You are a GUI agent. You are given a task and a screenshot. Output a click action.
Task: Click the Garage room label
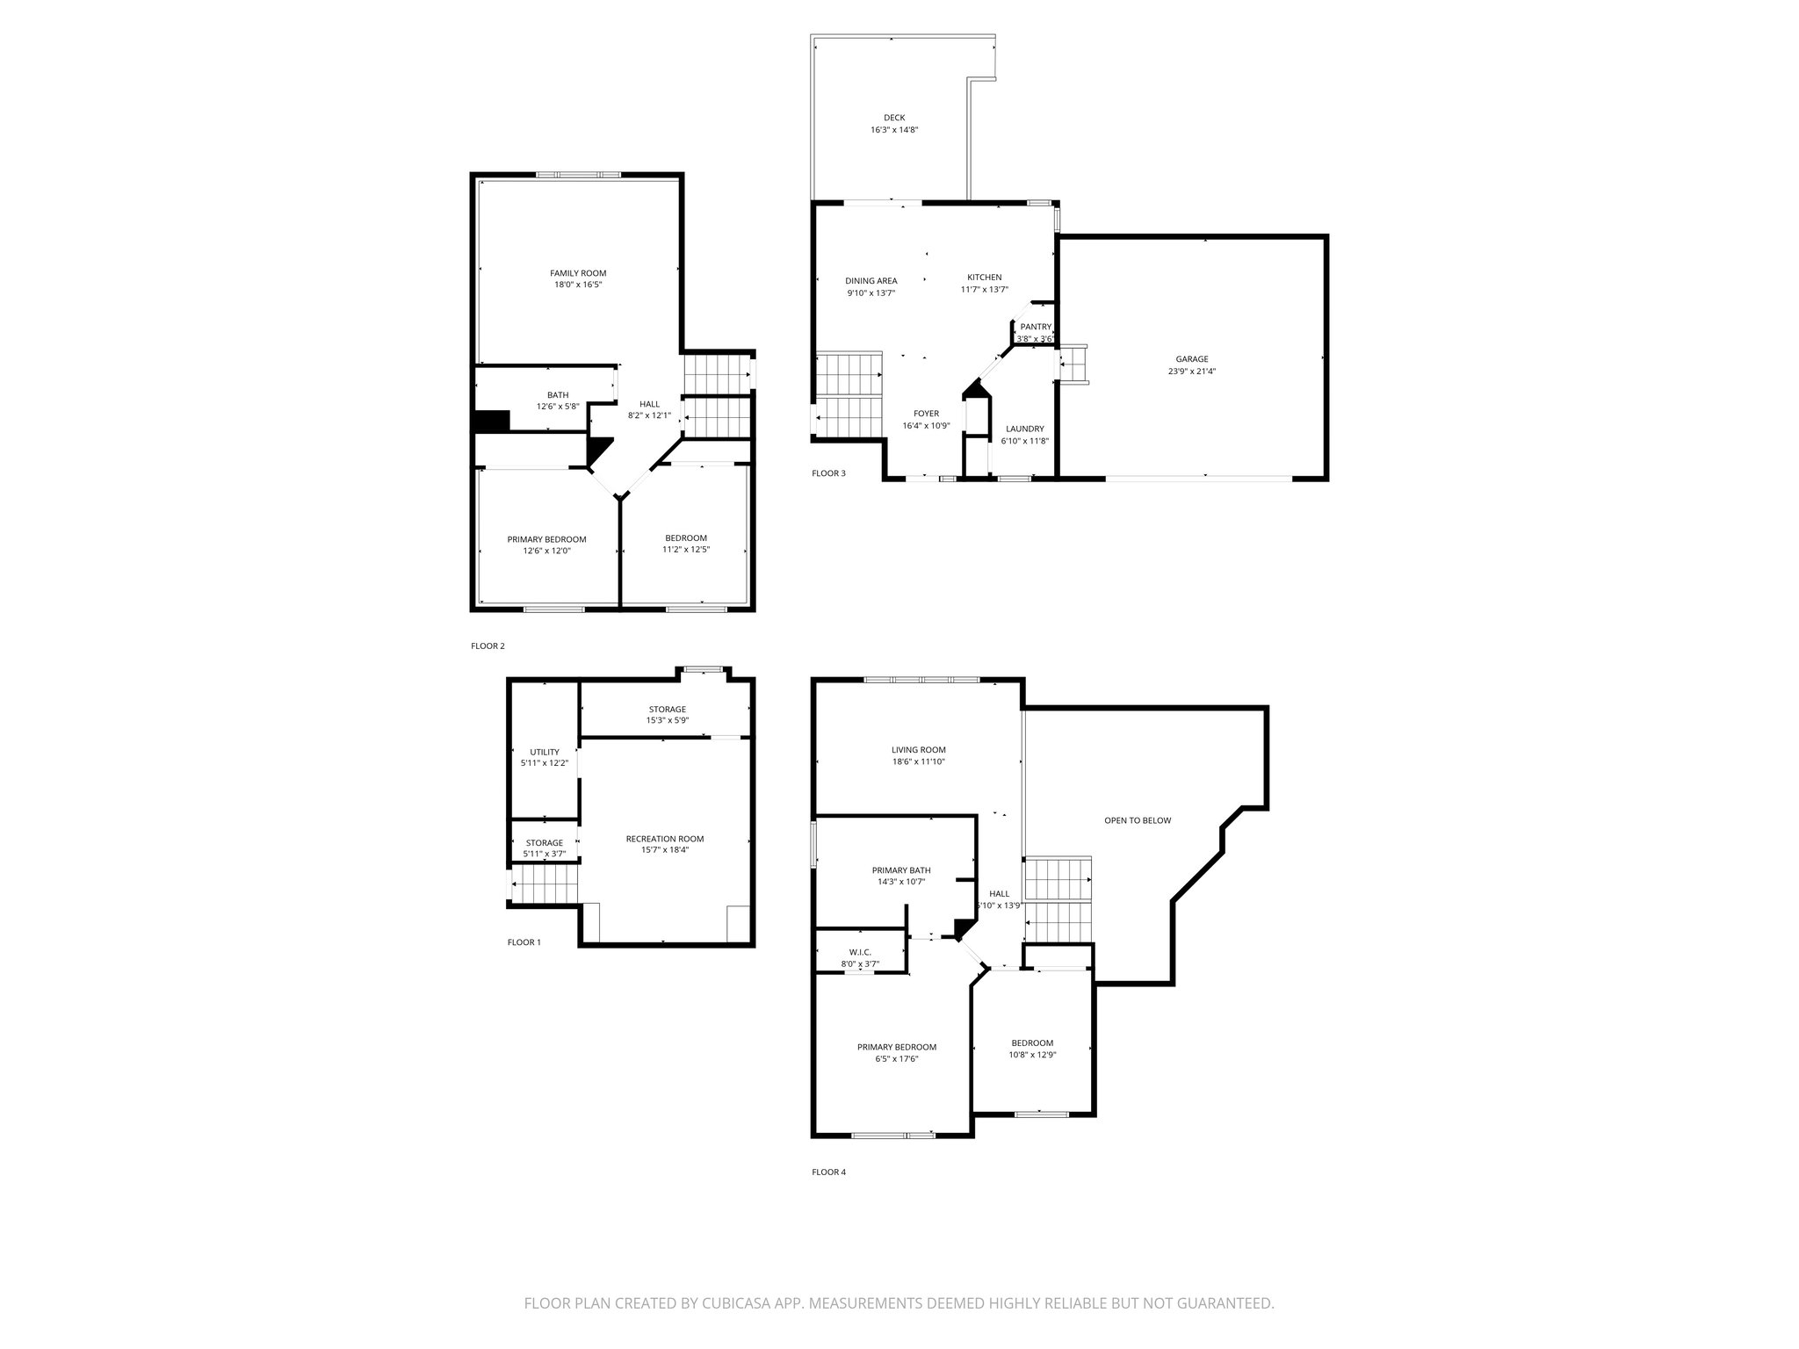1192,359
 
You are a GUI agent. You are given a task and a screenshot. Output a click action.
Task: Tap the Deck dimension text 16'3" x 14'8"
894,130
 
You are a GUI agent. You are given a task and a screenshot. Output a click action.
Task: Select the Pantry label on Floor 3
1036,327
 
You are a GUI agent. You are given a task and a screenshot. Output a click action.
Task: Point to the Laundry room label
1024,429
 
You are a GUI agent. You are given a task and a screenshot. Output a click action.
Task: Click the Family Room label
578,273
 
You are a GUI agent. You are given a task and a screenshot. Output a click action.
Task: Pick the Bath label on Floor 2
558,395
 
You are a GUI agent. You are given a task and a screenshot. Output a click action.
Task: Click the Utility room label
545,752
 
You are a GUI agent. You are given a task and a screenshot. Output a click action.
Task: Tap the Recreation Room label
665,839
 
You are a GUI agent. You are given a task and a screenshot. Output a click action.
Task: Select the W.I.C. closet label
860,952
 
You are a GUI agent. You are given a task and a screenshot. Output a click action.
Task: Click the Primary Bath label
901,870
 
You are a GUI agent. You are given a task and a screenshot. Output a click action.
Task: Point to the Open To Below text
1138,820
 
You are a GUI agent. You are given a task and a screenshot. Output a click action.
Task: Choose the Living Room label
919,750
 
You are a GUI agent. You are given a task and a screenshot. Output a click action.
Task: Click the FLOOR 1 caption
524,942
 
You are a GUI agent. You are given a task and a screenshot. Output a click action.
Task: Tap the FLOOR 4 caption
828,1172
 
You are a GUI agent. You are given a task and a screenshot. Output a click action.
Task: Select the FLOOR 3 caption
828,473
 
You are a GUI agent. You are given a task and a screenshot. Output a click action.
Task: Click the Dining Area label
871,281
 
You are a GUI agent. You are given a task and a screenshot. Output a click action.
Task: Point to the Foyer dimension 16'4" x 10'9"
926,426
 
